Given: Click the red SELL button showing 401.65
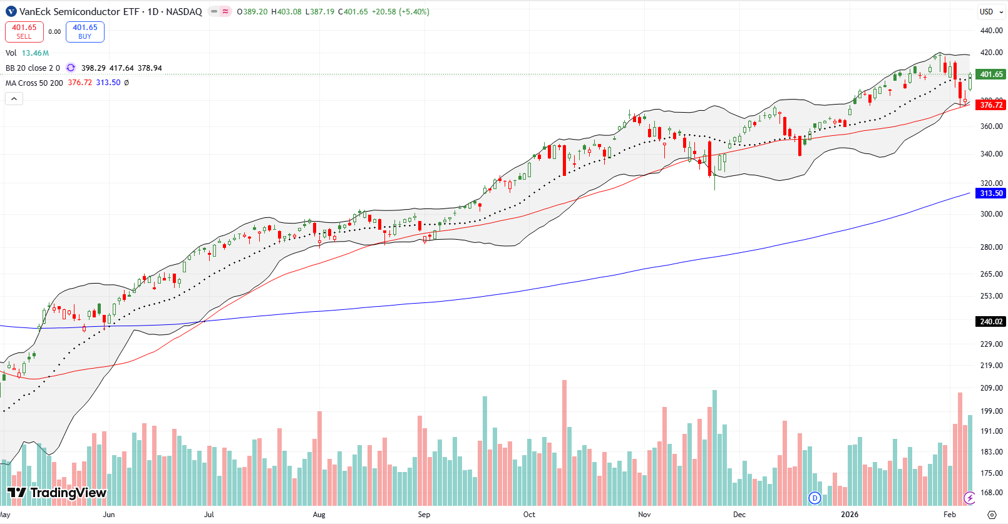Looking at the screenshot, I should (24, 31).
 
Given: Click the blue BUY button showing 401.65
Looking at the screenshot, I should (85, 31).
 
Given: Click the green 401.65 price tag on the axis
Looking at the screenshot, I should (991, 74).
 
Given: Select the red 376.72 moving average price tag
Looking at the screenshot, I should (991, 105).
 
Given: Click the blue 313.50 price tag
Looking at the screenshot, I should (991, 193).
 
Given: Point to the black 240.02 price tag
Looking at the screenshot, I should (991, 322).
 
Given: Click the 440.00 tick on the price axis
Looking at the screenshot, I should (991, 31).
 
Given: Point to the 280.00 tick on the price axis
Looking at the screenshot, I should (991, 247).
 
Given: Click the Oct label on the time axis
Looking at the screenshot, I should (529, 515).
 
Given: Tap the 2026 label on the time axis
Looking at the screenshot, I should (850, 515).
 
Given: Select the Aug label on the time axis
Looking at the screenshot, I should (319, 515).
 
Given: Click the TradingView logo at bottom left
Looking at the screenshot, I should (56, 493).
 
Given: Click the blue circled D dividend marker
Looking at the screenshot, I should (815, 498).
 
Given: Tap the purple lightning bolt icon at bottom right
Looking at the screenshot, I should (969, 498).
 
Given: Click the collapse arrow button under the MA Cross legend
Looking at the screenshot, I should (14, 99).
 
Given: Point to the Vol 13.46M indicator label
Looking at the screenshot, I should (27, 53).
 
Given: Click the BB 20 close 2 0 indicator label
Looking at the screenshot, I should (33, 68).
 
